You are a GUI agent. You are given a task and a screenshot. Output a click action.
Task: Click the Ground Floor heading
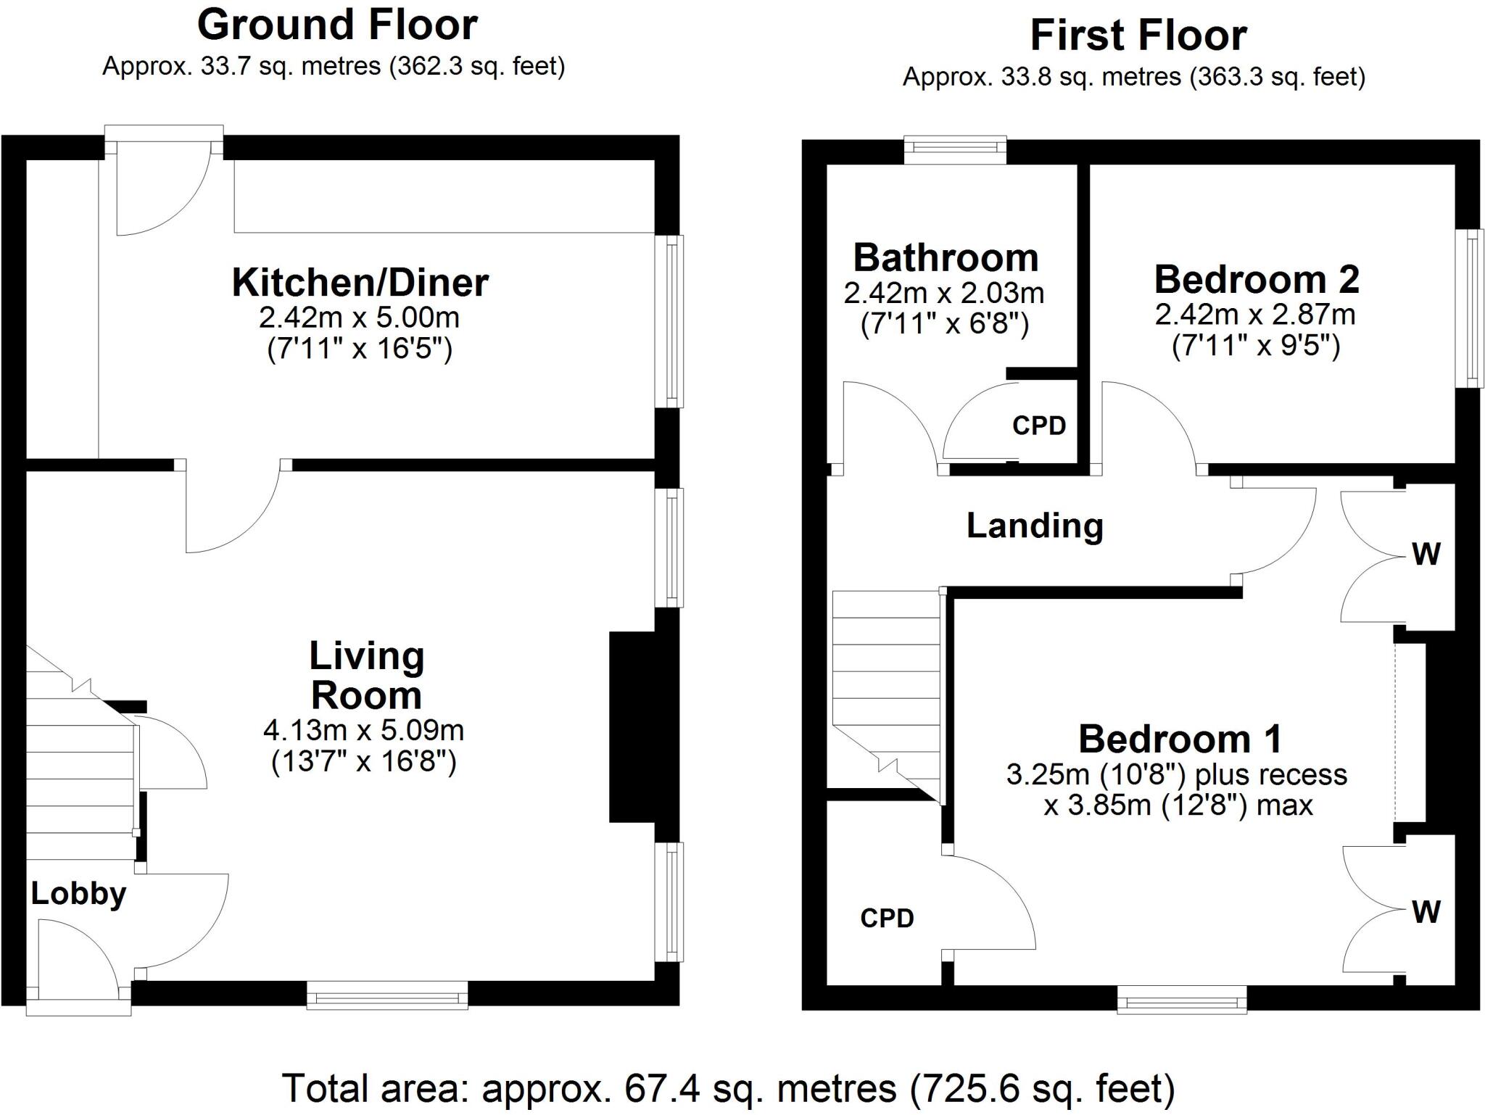click(x=337, y=25)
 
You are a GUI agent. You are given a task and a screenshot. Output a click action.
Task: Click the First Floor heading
click(x=1138, y=36)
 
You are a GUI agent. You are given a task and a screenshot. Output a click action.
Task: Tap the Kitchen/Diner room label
click(x=360, y=282)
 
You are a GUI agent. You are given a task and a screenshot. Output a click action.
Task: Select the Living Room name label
click(x=367, y=676)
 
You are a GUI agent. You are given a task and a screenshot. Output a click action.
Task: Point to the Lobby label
click(x=78, y=894)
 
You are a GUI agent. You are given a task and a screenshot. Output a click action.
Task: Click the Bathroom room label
click(x=946, y=257)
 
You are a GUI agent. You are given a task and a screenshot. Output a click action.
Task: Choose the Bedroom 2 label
click(x=1257, y=279)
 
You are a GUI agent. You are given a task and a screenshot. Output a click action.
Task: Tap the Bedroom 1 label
click(x=1180, y=739)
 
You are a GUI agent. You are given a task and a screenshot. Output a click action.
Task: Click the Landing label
click(x=1035, y=526)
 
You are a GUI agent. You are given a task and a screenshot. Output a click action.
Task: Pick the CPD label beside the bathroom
click(x=1039, y=426)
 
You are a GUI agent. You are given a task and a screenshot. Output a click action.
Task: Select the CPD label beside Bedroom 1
click(x=887, y=919)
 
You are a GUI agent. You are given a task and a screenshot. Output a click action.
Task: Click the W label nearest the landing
click(x=1426, y=555)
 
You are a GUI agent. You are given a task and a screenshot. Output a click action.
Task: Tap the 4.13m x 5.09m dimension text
click(x=364, y=730)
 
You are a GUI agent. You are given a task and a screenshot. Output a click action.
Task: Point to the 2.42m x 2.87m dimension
click(x=1255, y=315)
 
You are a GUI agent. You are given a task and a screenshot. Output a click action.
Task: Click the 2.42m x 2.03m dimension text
click(x=944, y=293)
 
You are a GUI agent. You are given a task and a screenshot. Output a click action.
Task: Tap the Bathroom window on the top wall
click(x=955, y=149)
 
